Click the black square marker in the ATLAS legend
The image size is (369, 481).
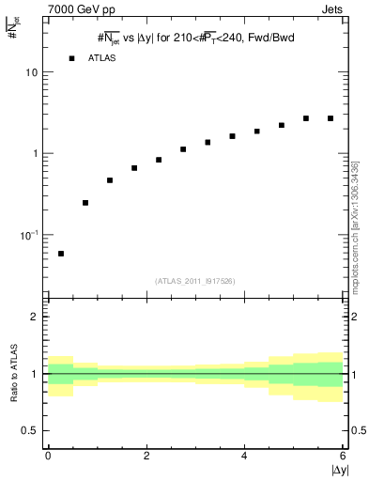click(x=71, y=58)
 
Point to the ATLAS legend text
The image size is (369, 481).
click(x=101, y=58)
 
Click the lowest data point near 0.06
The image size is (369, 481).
click(x=61, y=254)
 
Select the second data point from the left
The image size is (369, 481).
click(x=85, y=203)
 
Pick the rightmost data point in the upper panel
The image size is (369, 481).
click(x=331, y=118)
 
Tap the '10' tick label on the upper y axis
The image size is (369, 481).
click(x=32, y=72)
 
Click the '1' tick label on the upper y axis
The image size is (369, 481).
click(x=36, y=153)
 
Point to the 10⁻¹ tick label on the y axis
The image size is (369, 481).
click(x=30, y=234)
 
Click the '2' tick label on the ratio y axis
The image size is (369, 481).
click(x=35, y=317)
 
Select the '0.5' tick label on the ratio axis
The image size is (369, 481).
click(x=30, y=430)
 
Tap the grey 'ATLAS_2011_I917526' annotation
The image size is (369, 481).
click(x=195, y=280)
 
